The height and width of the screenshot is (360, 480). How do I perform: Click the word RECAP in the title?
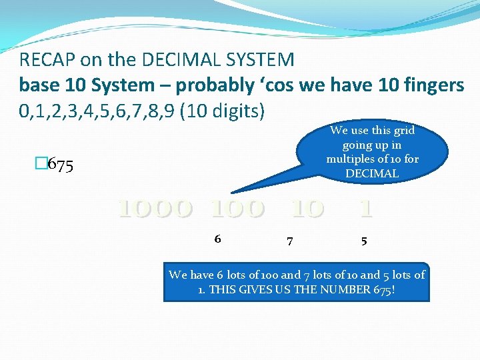click(x=47, y=61)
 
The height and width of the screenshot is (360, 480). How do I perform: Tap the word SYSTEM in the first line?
click(x=262, y=61)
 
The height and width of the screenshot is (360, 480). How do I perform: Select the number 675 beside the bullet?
click(x=62, y=165)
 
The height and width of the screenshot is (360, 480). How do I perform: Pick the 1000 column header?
click(x=156, y=209)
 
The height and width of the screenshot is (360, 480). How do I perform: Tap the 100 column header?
click(x=237, y=209)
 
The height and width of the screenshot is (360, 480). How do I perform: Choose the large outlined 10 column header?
click(x=307, y=209)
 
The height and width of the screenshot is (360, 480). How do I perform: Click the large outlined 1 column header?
click(x=365, y=209)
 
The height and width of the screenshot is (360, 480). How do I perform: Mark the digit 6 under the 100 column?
click(x=217, y=239)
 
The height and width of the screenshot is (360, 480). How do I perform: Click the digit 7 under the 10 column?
click(x=289, y=241)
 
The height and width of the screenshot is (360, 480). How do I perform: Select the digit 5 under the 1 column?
click(x=363, y=241)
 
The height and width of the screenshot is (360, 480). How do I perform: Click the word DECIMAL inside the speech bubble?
click(x=371, y=173)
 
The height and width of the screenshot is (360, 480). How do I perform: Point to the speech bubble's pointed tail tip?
click(x=232, y=193)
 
